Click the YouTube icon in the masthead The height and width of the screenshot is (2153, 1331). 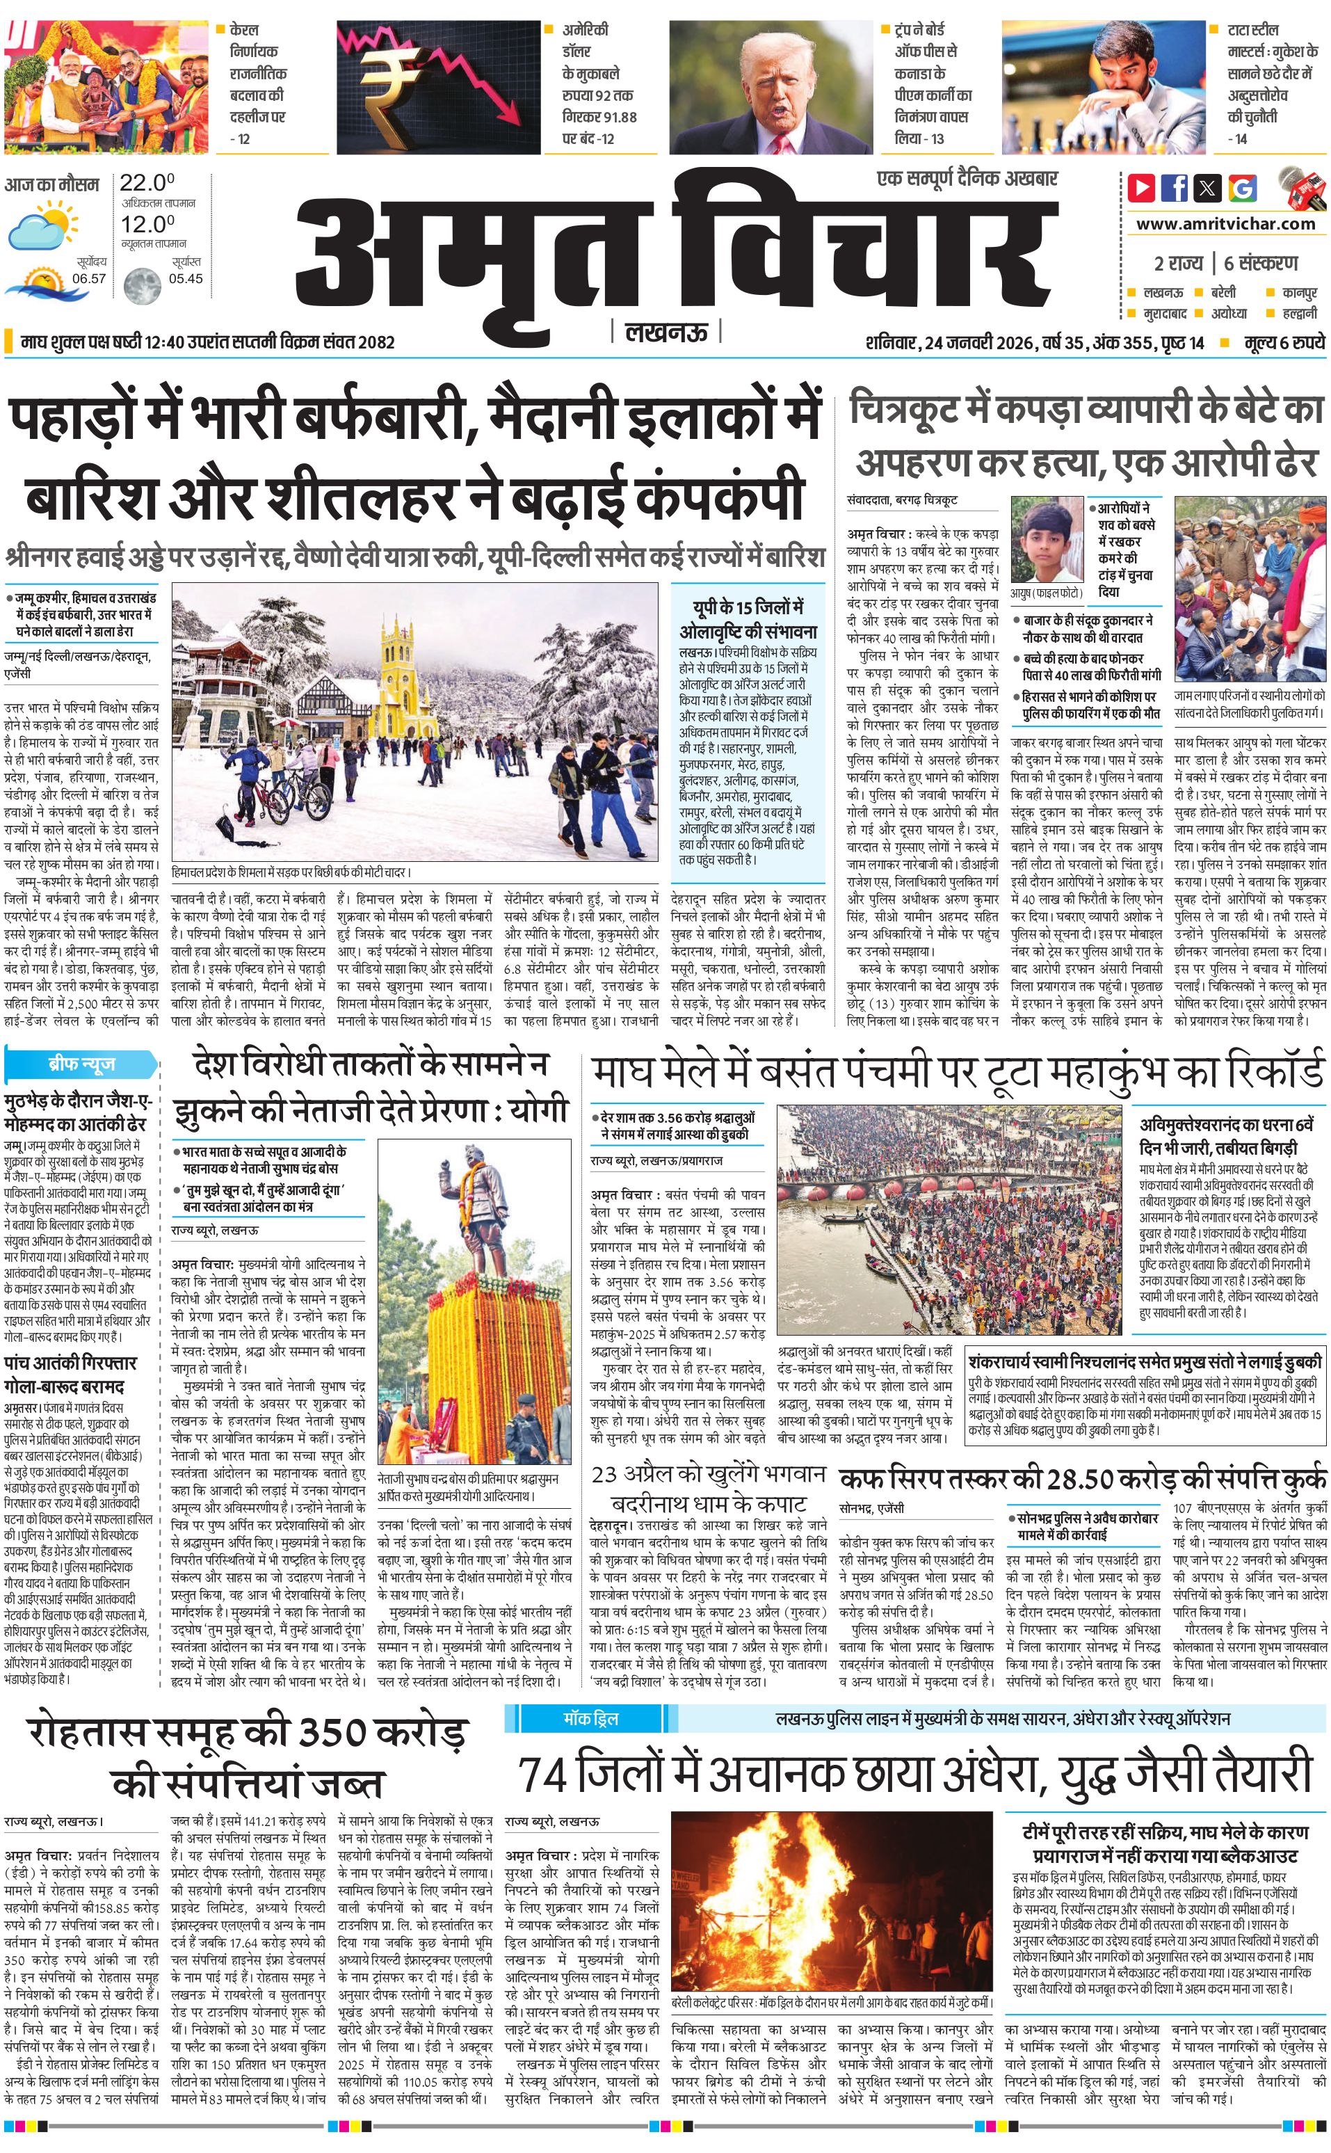click(1142, 188)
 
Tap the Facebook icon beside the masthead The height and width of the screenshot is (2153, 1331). click(1175, 188)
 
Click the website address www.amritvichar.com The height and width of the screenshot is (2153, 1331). click(1225, 224)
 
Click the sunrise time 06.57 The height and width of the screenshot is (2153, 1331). click(89, 278)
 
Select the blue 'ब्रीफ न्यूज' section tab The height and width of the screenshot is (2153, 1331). click(80, 1064)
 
